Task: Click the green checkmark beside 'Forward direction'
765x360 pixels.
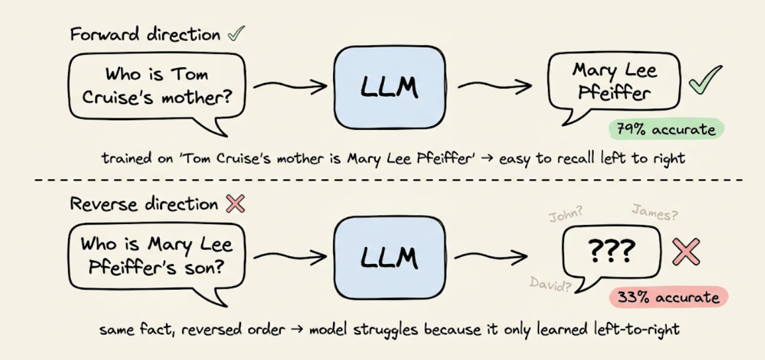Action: click(x=235, y=34)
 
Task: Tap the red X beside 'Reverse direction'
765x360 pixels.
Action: click(x=235, y=204)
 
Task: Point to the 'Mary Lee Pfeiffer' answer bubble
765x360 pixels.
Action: click(x=614, y=84)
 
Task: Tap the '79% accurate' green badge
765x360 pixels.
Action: click(x=666, y=129)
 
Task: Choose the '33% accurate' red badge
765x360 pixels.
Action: click(x=668, y=297)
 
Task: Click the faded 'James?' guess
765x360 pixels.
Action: click(x=655, y=212)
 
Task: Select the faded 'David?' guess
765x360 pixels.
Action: click(x=550, y=284)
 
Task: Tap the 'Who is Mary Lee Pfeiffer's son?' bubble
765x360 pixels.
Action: click(x=157, y=255)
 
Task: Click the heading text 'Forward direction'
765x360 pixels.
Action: click(x=145, y=34)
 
